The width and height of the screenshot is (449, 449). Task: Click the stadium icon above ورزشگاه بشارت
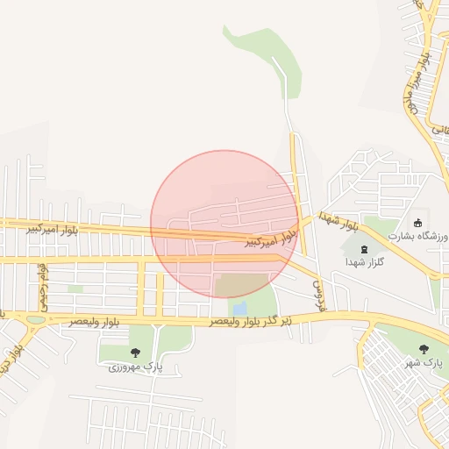pyautogui.click(x=419, y=222)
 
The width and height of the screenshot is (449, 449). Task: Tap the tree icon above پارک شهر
pyautogui.click(x=424, y=349)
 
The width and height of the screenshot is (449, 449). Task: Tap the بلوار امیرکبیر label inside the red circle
pyautogui.click(x=269, y=238)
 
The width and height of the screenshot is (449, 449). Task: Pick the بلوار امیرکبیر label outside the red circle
pyautogui.click(x=52, y=229)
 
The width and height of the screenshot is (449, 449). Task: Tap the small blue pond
pyautogui.click(x=239, y=309)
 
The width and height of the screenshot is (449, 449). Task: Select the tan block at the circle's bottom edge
pyautogui.click(x=241, y=285)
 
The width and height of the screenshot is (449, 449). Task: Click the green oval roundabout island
pyautogui.click(x=35, y=320)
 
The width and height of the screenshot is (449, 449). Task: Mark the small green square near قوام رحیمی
pyautogui.click(x=75, y=288)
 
